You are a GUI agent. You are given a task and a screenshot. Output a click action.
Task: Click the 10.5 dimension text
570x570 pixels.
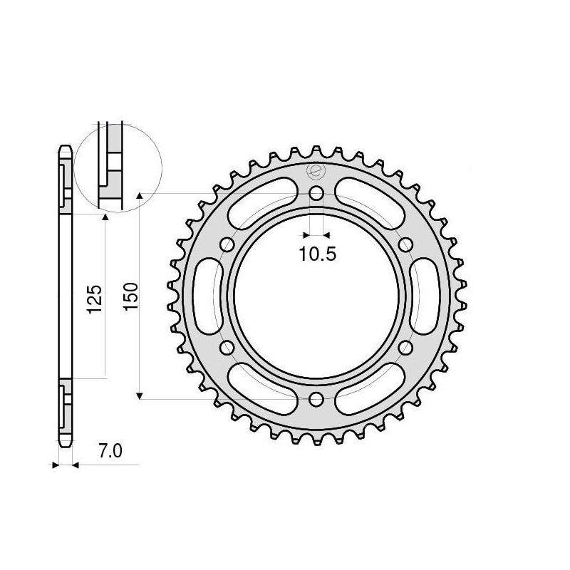pos(318,254)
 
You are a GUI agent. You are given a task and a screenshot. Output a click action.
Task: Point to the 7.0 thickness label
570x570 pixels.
pos(110,450)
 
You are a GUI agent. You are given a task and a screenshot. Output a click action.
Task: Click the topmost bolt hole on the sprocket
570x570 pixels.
pos(316,193)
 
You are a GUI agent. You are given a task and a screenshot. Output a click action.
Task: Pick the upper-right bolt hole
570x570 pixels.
pos(406,245)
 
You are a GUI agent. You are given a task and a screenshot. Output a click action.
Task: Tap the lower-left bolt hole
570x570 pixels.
pos(227,348)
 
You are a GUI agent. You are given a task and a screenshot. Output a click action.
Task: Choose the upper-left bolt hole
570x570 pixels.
pos(227,245)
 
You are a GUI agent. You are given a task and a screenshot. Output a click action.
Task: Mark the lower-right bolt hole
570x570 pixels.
pos(406,348)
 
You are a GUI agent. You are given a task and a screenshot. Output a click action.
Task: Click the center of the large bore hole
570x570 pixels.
pos(316,296)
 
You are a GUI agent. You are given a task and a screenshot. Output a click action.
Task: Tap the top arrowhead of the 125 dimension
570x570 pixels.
pos(105,217)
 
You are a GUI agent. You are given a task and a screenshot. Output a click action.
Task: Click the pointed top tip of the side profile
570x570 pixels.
pos(64,147)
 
